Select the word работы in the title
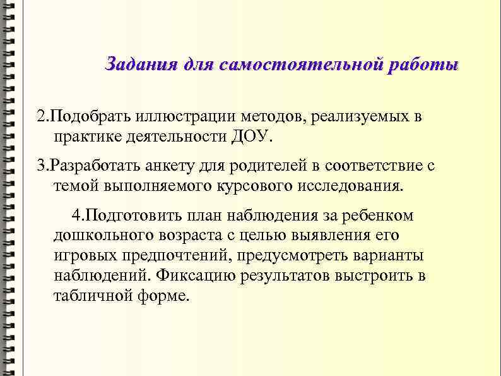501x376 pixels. click(424, 65)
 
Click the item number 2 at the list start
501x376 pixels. click(41, 116)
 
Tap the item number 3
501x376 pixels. click(41, 166)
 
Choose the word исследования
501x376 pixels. click(351, 186)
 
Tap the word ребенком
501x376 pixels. click(378, 215)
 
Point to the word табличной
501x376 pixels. click(93, 296)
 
